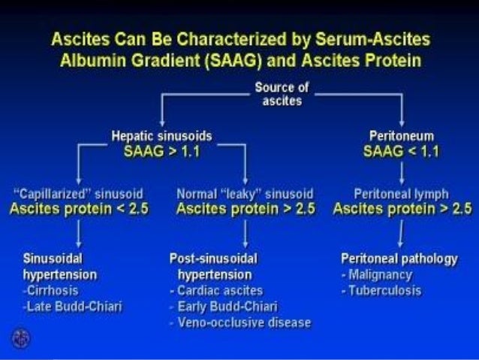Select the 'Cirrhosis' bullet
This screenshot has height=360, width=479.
point(52,290)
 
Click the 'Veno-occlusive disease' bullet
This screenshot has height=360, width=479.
point(239,322)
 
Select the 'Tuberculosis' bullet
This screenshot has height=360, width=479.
point(381,290)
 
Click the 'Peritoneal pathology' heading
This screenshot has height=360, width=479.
point(399,259)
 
